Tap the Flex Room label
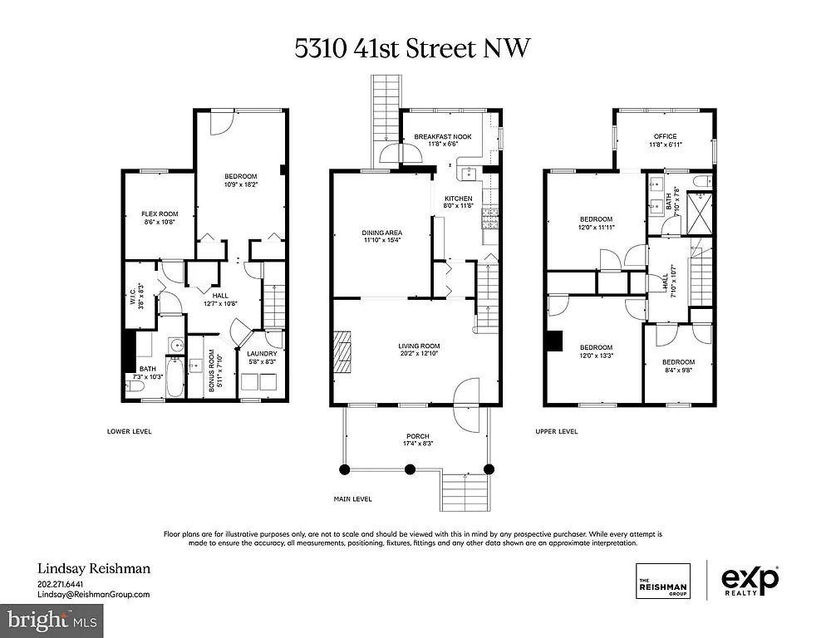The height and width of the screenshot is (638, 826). [158, 214]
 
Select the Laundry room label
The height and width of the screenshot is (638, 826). [262, 353]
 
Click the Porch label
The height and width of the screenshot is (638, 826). [417, 436]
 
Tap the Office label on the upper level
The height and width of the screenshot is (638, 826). [665, 136]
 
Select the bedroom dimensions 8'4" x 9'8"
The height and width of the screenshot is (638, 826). [677, 371]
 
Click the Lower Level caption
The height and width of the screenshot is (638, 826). [130, 431]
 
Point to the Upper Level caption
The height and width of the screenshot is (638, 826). [557, 431]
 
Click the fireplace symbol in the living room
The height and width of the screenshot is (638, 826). [342, 353]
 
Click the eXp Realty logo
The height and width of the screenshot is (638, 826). [749, 578]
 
